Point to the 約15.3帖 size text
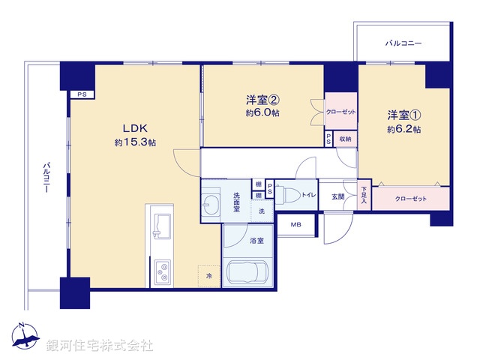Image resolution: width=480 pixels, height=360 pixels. tap(135, 142)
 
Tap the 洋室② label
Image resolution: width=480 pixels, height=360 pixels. tap(262, 99)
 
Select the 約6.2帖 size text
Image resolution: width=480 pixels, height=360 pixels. tap(404, 129)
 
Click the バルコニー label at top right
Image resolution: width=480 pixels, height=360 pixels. tap(403, 43)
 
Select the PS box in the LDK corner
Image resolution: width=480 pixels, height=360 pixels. tap(79, 95)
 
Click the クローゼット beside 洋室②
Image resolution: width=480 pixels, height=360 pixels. tap(341, 112)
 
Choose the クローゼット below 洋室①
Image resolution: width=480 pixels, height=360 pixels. tap(410, 199)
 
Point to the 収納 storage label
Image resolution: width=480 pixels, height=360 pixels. tap(344, 138)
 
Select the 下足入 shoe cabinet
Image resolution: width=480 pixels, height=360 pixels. tap(364, 196)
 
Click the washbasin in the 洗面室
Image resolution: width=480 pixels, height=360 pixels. tap(211, 204)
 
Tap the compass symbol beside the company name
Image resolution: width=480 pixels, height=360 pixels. tap(25, 337)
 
